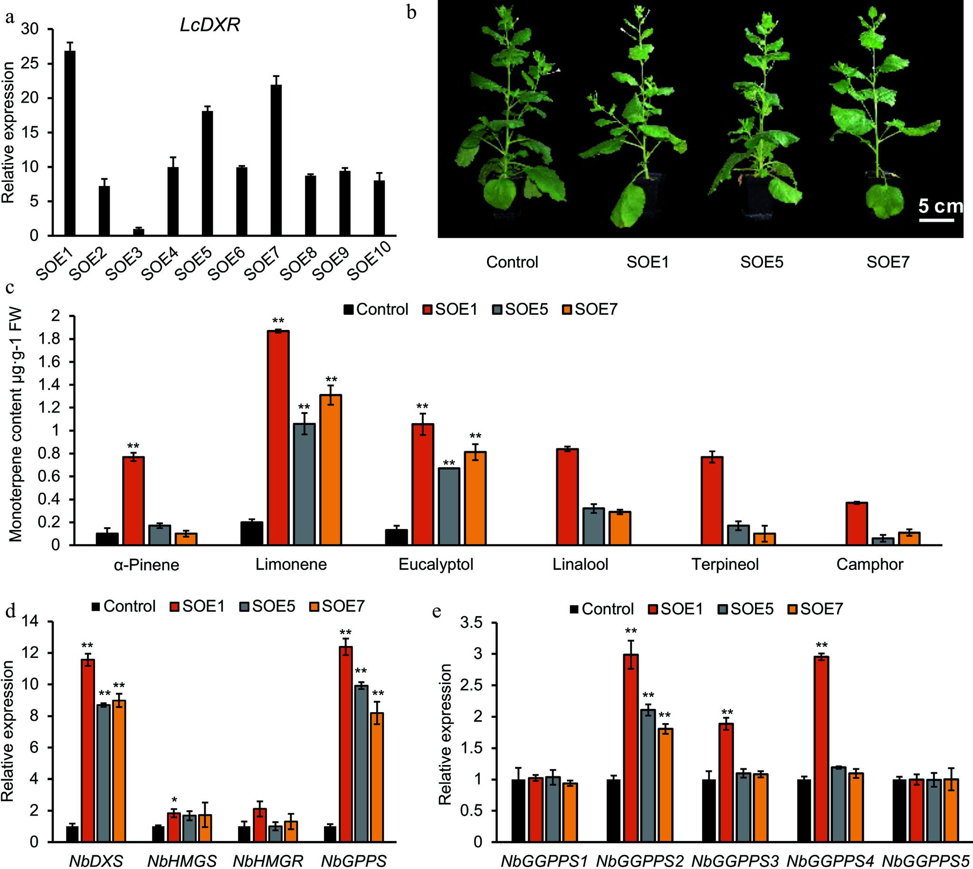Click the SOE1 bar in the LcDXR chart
[70, 143]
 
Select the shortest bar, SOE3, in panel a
[138, 232]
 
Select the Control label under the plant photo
[512, 262]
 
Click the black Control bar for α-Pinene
[107, 539]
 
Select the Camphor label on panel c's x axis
[869, 565]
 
